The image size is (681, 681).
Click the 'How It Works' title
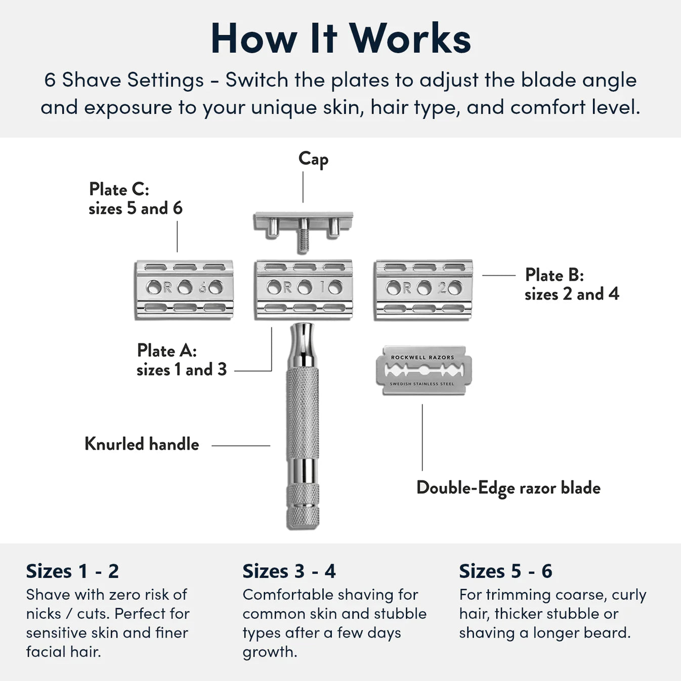tap(340, 38)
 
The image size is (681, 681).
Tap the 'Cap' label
tap(313, 159)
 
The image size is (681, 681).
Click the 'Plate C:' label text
tap(119, 189)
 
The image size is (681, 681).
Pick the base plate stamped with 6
tap(184, 289)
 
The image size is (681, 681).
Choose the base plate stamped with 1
tap(304, 289)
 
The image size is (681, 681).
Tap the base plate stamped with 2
tap(423, 289)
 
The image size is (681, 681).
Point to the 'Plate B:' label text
tap(555, 275)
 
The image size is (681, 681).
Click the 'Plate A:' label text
tap(167, 350)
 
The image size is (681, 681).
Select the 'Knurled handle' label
tap(142, 444)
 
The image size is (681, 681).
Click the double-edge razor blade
tap(423, 370)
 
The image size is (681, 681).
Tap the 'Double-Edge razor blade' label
tap(508, 488)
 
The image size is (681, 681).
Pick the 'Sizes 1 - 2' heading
tap(72, 571)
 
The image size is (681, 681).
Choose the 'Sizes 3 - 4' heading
tap(289, 571)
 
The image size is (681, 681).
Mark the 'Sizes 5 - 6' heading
tap(505, 571)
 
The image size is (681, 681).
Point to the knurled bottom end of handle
tap(303, 506)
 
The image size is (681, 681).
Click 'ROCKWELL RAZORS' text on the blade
tap(422, 357)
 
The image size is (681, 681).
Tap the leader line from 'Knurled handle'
tap(240, 446)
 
